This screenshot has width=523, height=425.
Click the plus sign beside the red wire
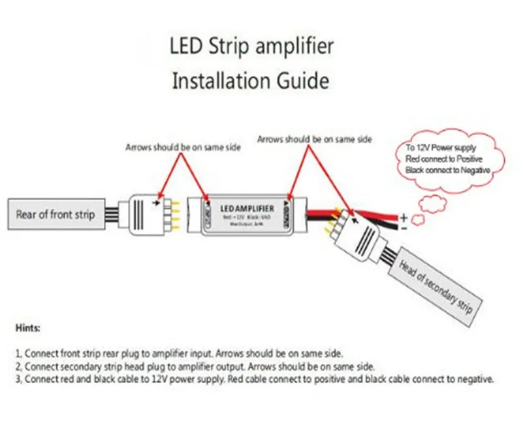coord(404,217)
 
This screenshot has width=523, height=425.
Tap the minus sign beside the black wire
coord(404,229)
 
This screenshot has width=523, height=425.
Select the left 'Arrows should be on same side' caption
coord(183,148)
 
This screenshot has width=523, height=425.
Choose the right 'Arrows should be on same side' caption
coord(315,139)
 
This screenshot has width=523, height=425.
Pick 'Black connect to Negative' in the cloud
coord(448,169)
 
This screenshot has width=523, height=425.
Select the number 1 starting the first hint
coord(17,352)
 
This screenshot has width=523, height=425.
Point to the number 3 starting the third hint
coord(17,379)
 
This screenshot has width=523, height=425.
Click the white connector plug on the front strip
coord(144,214)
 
